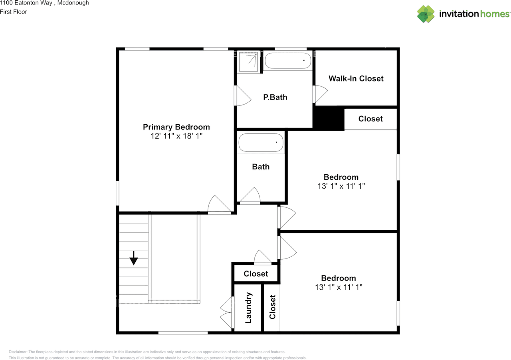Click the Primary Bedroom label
click(176, 127)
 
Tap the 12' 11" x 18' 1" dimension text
click(176, 136)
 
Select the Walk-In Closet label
click(356, 79)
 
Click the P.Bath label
click(275, 97)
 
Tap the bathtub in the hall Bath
click(261, 143)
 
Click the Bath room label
click(261, 167)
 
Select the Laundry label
click(248, 308)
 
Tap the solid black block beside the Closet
click(329, 119)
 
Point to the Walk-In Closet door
click(320, 94)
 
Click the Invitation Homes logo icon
click(426, 14)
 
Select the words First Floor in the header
click(14, 12)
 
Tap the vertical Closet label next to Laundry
click(273, 307)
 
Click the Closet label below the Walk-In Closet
click(370, 119)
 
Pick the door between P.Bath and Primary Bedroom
click(242, 96)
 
